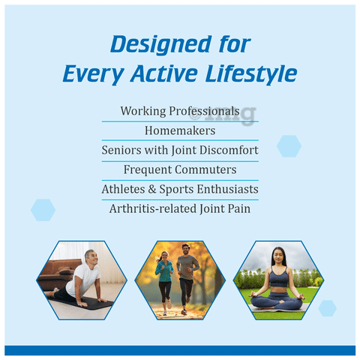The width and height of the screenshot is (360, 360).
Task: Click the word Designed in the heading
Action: [161, 44]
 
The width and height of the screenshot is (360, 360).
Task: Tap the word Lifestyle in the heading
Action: [251, 73]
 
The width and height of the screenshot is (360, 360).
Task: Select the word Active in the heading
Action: [164, 73]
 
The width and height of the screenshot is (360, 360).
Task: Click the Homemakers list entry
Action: [180, 130]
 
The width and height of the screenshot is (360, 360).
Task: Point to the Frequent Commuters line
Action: [180, 169]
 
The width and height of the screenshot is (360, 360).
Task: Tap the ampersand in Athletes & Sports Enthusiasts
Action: [152, 189]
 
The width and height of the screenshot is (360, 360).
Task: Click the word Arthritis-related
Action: [153, 208]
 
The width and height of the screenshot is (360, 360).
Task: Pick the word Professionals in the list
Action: [204, 111]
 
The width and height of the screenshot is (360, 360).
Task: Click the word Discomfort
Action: [229, 150]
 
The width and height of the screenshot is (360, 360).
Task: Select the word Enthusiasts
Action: [227, 189]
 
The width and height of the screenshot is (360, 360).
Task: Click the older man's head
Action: [91, 257]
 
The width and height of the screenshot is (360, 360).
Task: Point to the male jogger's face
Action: [186, 250]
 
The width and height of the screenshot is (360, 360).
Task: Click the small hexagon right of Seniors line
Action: [289, 146]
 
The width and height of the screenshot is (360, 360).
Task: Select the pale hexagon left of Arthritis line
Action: [43, 210]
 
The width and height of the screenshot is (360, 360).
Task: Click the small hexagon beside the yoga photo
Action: [328, 308]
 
